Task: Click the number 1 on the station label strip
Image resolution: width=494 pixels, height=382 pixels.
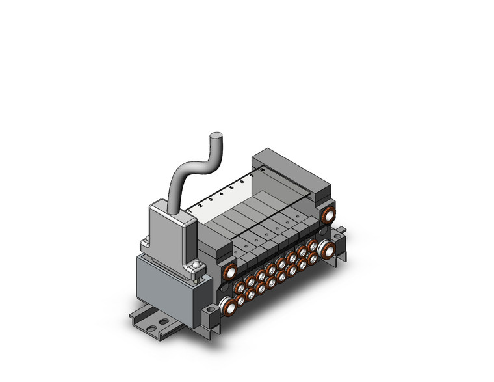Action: (x=190, y=211)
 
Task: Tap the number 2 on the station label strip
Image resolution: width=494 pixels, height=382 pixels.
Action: (x=200, y=205)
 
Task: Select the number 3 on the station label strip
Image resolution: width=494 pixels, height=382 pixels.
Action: (x=211, y=199)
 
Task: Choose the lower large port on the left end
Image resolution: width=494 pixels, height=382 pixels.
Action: (x=227, y=305)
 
